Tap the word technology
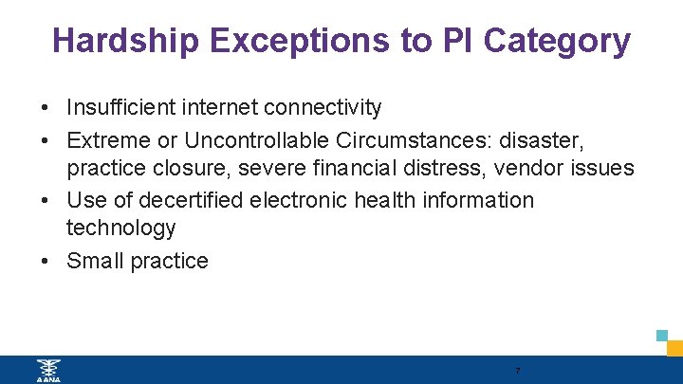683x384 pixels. [x=121, y=229]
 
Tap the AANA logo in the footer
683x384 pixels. [x=46, y=370]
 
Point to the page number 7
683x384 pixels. [x=517, y=371]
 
